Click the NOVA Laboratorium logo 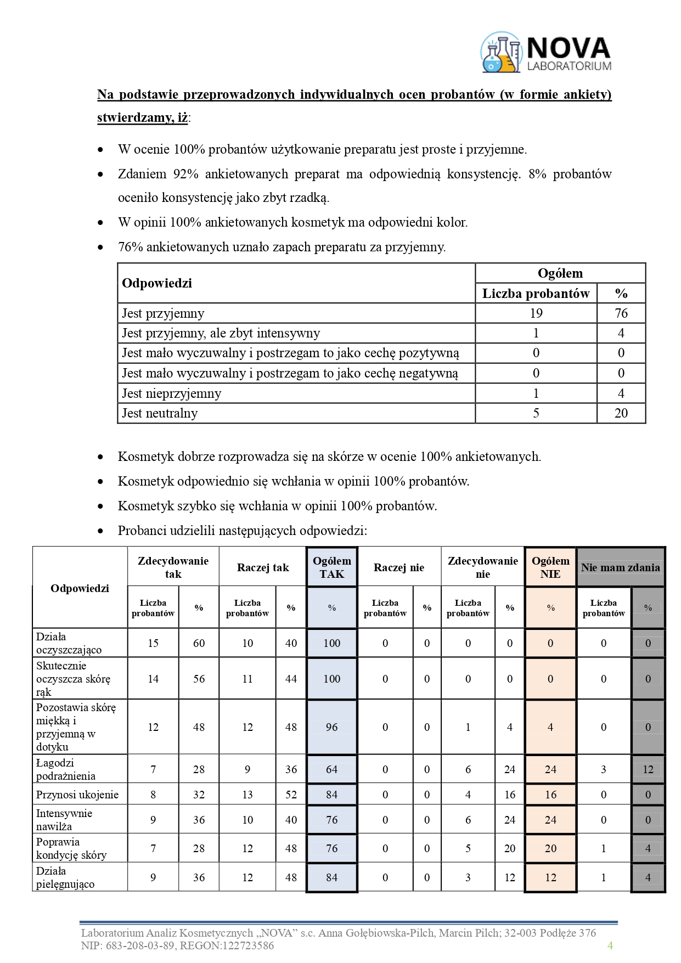tap(545, 53)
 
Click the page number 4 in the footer tap(610, 945)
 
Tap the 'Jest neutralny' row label tap(159, 413)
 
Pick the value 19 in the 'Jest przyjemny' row tap(536, 313)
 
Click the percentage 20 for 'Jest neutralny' tap(621, 413)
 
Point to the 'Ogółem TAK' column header tap(331, 567)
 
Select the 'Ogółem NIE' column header tap(550, 567)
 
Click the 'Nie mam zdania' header tap(620, 567)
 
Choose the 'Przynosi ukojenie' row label tap(77, 795)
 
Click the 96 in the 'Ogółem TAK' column tap(331, 727)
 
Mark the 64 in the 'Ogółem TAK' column tap(331, 769)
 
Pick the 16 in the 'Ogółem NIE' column tap(550, 795)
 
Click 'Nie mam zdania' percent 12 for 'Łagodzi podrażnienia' tap(648, 769)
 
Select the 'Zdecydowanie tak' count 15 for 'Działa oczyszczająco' tap(153, 643)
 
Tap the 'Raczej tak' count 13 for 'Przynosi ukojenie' tap(247, 795)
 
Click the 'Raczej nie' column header tap(399, 567)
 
